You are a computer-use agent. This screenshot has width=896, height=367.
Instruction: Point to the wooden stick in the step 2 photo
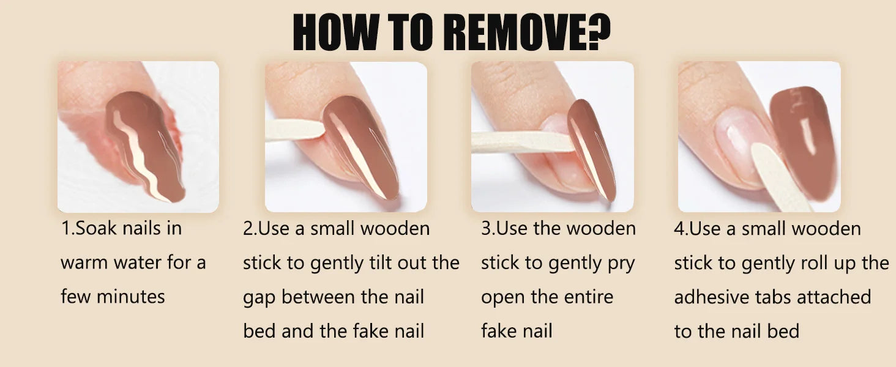[294, 130]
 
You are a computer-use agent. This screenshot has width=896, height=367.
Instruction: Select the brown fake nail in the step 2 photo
[360, 147]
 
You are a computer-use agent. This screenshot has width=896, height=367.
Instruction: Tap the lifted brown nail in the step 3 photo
[592, 150]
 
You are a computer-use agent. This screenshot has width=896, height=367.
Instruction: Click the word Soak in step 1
[96, 228]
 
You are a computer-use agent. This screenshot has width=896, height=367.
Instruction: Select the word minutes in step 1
[131, 297]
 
